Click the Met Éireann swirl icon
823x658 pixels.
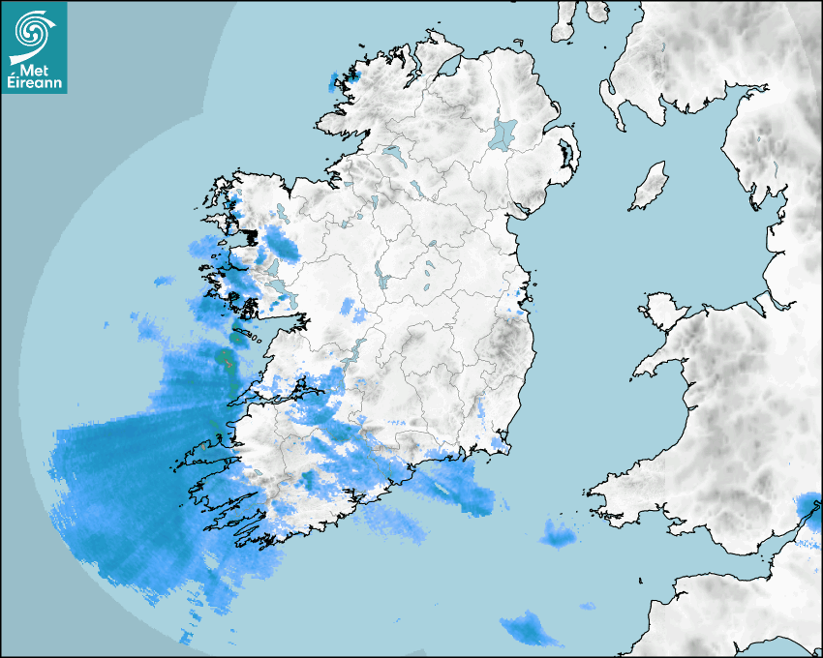[x=33, y=31]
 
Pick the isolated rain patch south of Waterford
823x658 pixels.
[x=558, y=532]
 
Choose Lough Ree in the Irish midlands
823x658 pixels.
[x=382, y=278]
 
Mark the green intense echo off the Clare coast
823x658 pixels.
[x=225, y=362]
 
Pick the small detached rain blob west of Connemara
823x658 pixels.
[x=164, y=282]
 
